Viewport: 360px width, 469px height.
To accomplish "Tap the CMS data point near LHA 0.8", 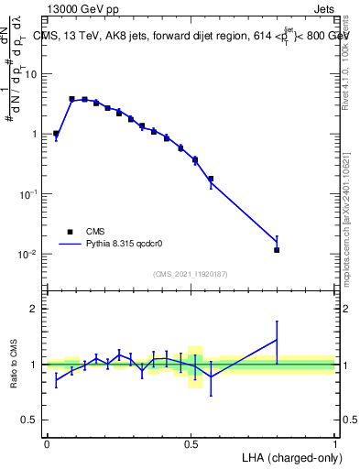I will point(277,249).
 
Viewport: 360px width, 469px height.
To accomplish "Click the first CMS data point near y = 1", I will point(56,134).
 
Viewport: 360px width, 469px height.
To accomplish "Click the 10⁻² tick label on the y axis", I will point(31,254).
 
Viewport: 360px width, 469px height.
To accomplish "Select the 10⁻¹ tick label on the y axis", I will point(31,194).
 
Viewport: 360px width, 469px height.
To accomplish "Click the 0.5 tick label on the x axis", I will point(191,443).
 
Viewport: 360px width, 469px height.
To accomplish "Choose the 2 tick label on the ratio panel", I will point(36,309).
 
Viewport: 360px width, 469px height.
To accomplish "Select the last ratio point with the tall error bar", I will point(277,340).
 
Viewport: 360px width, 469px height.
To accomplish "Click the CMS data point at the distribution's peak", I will point(71,99).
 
